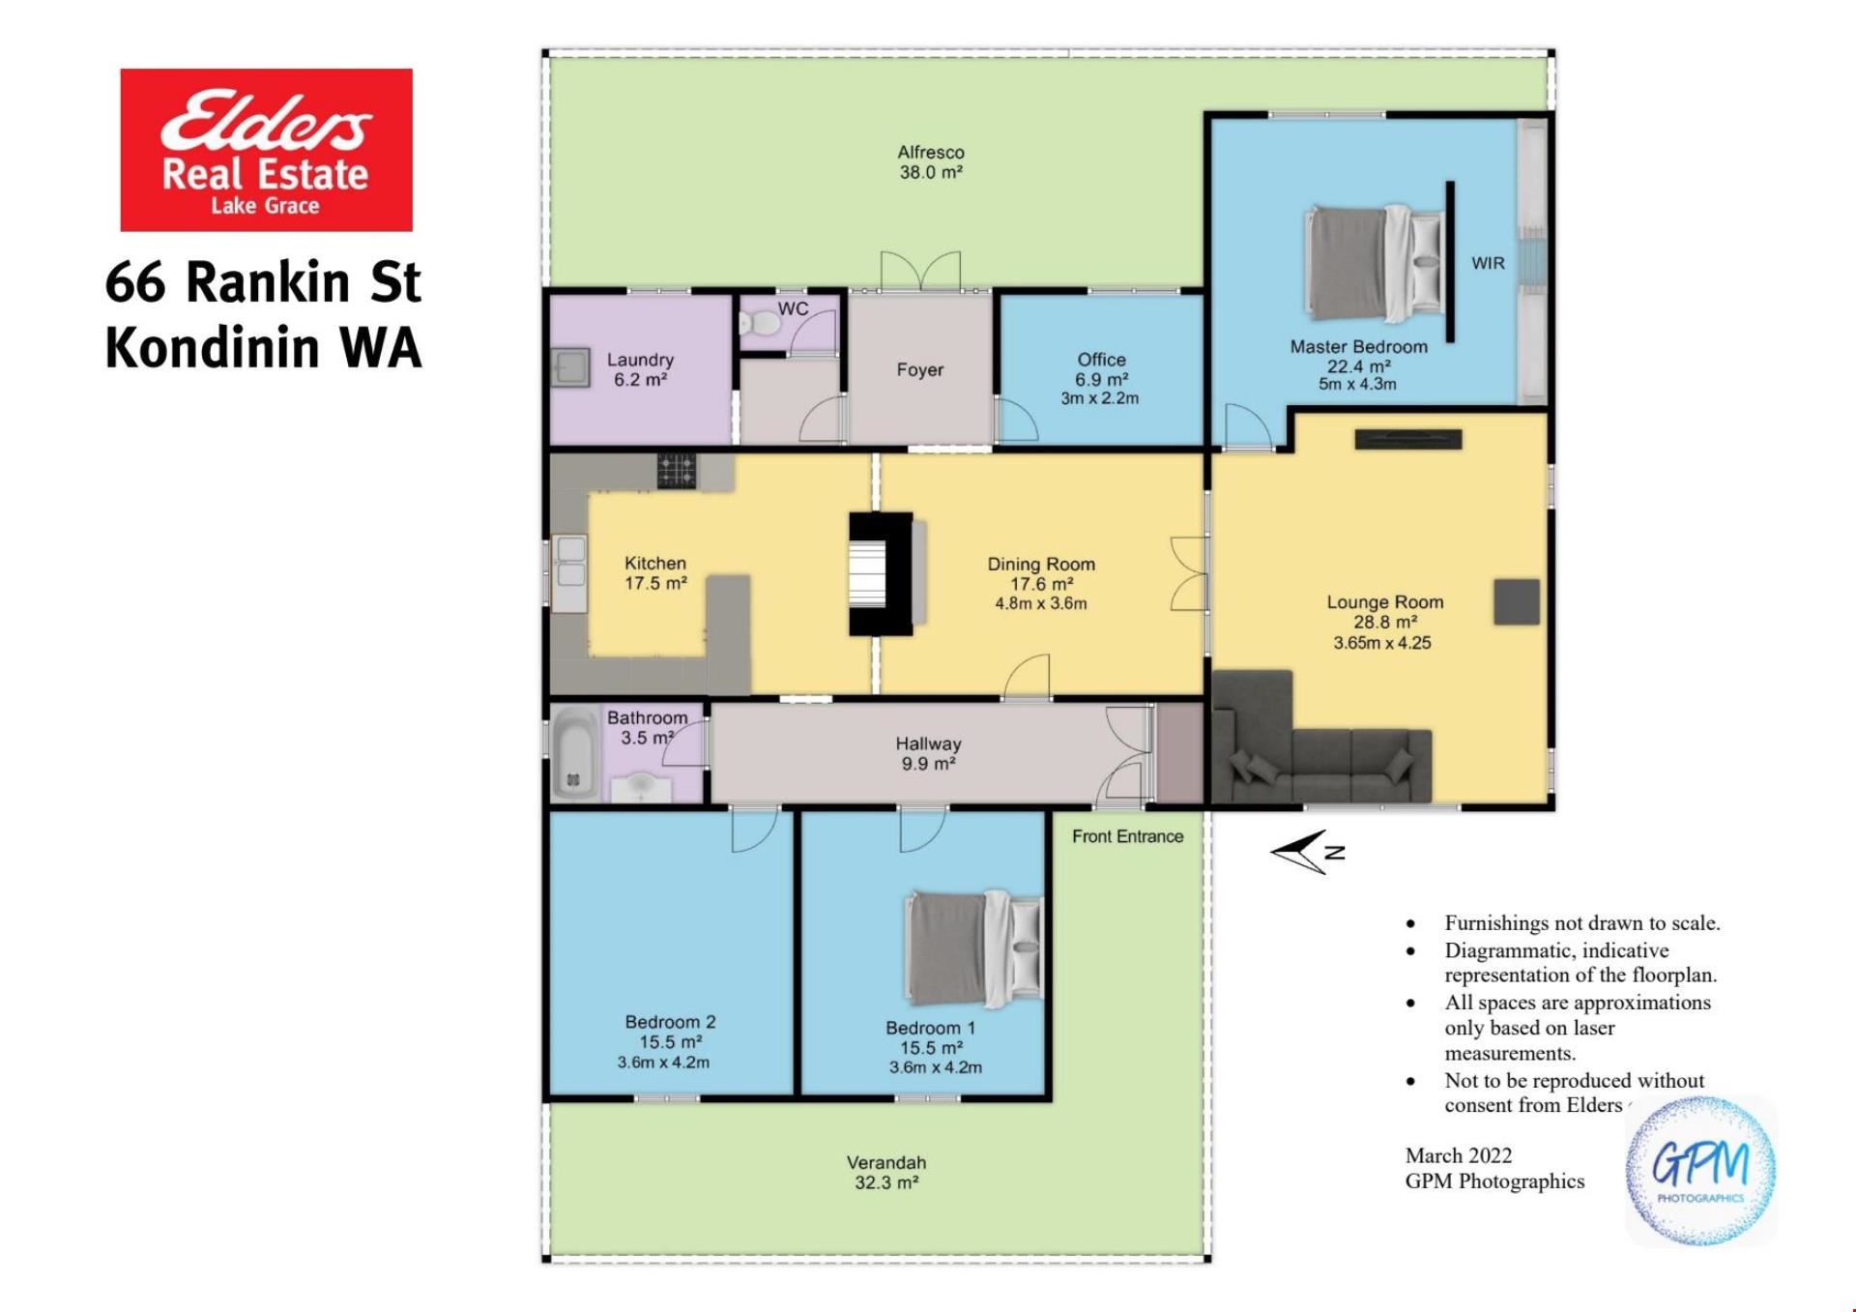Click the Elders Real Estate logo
(x=266, y=150)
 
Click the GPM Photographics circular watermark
(x=1700, y=1171)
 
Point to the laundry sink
(x=570, y=367)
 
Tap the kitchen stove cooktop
(x=677, y=471)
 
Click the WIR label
(x=1488, y=263)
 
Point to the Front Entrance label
(x=1127, y=836)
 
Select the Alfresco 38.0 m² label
(x=931, y=162)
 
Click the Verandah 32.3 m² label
(x=886, y=1172)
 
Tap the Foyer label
(x=919, y=369)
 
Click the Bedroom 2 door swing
(x=755, y=831)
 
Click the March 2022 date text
(x=1459, y=1155)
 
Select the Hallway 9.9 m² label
(x=928, y=753)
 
